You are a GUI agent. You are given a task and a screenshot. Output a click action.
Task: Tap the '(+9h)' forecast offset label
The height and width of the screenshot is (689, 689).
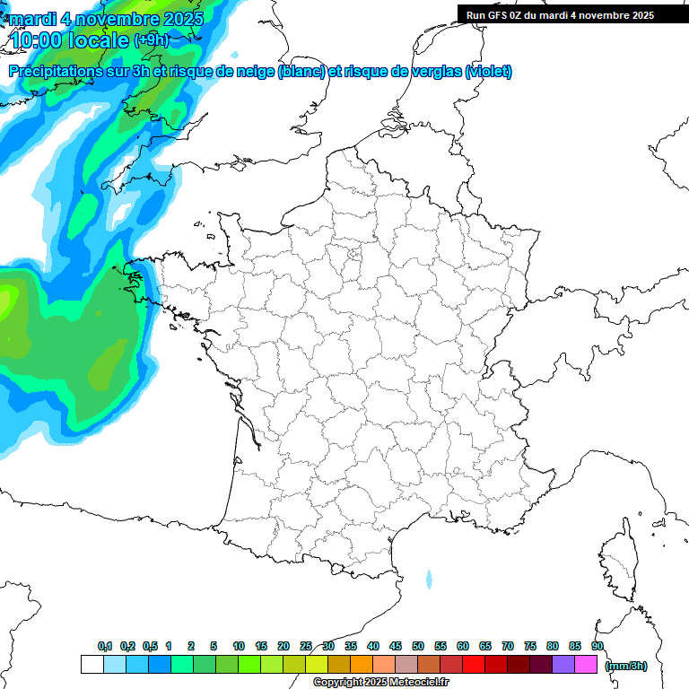click(151, 39)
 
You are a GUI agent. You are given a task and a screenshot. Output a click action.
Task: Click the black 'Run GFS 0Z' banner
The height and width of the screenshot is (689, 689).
click(572, 14)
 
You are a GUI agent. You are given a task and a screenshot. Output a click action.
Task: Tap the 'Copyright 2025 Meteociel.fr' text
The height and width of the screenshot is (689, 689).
click(380, 683)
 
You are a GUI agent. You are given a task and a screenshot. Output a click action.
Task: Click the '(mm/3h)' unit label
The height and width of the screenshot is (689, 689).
click(626, 666)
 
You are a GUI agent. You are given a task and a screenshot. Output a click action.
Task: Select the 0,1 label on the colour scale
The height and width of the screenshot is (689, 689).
click(105, 647)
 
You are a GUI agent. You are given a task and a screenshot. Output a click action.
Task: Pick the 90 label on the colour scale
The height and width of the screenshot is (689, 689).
click(597, 647)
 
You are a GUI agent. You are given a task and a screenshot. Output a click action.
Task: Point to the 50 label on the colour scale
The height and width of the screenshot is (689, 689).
click(418, 647)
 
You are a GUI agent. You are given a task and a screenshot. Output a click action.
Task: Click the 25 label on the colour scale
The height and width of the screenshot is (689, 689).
click(306, 647)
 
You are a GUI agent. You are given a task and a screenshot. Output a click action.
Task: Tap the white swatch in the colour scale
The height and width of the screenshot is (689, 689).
click(92, 665)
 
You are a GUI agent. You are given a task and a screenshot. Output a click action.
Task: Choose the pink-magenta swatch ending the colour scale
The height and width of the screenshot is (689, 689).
click(586, 665)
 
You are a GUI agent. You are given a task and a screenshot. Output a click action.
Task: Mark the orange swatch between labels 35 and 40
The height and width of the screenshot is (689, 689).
click(362, 665)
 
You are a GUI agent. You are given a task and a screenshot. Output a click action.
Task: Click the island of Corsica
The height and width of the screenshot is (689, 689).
click(618, 561)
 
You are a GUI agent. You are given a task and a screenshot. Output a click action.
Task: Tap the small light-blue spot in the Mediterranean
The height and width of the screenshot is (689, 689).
click(429, 579)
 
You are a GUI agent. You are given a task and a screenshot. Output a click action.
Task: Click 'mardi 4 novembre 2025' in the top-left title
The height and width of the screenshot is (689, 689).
click(106, 18)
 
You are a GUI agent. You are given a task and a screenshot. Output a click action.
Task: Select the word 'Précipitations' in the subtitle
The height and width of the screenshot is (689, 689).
click(57, 72)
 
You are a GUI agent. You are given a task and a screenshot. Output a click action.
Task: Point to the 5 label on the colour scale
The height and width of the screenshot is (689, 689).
click(214, 647)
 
